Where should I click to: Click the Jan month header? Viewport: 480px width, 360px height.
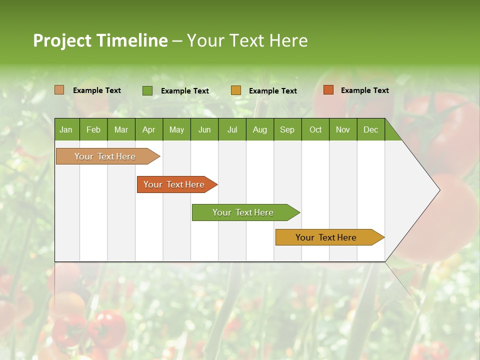(66, 129)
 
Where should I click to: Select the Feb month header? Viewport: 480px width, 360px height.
(93, 129)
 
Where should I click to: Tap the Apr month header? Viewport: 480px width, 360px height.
(148, 129)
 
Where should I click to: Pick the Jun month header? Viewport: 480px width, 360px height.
(204, 129)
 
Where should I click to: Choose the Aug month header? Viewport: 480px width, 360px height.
(259, 129)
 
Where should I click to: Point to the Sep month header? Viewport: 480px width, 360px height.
(287, 129)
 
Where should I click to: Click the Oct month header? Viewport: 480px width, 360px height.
(315, 129)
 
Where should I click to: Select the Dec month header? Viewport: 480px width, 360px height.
(370, 129)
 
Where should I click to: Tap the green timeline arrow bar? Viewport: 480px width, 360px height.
(243, 212)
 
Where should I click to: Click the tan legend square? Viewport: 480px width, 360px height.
(59, 90)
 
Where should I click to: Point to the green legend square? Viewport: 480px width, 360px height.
(147, 90)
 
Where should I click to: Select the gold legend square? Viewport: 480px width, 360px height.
(236, 90)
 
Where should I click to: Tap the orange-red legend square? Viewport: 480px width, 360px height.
(328, 90)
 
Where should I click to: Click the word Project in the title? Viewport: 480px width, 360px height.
(62, 40)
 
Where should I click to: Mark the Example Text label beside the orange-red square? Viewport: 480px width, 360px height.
(364, 90)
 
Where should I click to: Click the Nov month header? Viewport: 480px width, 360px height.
(343, 129)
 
